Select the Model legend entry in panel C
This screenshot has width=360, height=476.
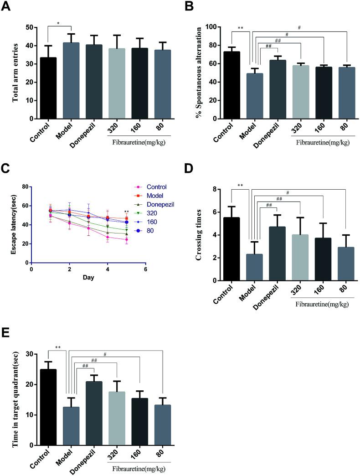coord(155,195)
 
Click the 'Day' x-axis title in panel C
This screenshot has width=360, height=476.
coord(88,278)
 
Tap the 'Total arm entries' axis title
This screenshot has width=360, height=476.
coord(16,73)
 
